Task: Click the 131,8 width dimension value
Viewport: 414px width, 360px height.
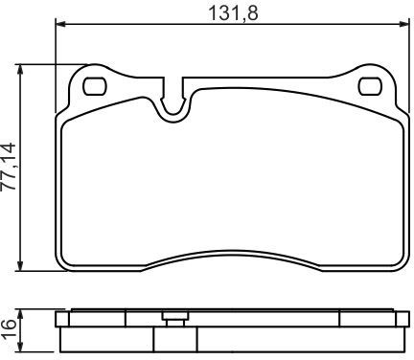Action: point(233,12)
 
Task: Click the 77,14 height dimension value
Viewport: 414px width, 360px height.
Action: point(9,167)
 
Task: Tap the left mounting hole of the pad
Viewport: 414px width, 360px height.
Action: point(95,86)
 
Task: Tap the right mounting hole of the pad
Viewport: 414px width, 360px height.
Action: point(370,86)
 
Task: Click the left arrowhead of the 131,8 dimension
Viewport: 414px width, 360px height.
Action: point(60,24)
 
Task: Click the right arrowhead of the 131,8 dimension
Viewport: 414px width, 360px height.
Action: point(404,24)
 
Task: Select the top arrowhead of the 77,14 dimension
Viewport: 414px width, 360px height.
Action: point(20,69)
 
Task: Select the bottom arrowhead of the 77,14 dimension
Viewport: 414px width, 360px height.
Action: point(20,266)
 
